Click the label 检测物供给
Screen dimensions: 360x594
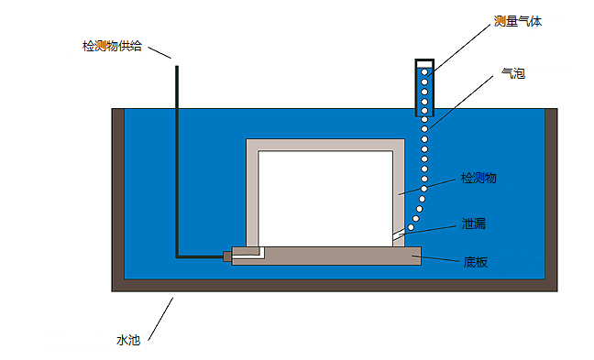[111, 47]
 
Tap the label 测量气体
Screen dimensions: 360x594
[518, 21]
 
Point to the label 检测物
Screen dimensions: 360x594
[478, 179]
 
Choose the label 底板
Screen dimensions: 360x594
[475, 262]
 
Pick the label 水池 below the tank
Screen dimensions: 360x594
[127, 340]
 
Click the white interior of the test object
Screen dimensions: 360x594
[325, 198]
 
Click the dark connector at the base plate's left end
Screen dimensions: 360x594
[227, 256]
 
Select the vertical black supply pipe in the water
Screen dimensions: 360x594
[176, 165]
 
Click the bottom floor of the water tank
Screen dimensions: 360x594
[335, 285]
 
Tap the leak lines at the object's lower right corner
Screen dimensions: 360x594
[400, 237]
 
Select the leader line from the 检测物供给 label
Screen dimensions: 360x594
[160, 52]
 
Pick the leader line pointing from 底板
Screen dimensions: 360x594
[441, 259]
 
